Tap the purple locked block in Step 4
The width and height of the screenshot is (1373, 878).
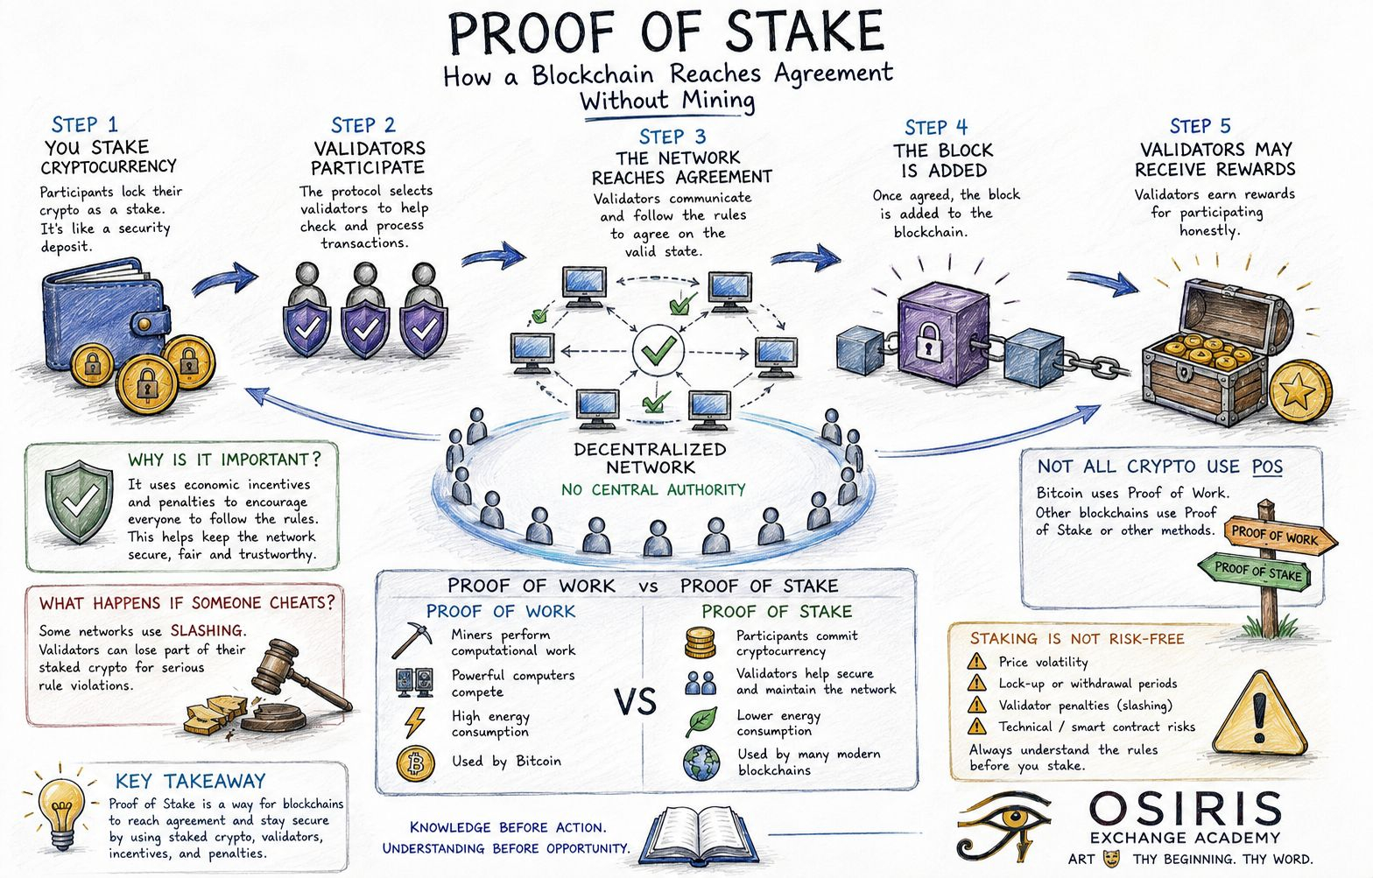943,334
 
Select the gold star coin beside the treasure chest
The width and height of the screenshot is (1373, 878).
1300,391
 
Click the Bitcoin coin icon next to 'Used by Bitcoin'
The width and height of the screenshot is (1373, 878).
416,763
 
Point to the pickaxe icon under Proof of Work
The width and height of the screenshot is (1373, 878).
412,640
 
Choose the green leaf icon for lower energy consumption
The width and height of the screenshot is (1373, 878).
701,721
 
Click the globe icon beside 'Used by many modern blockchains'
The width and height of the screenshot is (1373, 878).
701,762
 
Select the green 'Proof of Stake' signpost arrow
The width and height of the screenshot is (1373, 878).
1254,572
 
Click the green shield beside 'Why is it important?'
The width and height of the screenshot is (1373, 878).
79,502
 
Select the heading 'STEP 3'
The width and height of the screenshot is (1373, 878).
672,136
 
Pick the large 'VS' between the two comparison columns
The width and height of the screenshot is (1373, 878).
636,702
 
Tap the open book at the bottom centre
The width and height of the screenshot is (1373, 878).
698,835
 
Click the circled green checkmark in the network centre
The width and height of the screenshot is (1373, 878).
658,351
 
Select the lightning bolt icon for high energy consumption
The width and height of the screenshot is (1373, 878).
415,722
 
